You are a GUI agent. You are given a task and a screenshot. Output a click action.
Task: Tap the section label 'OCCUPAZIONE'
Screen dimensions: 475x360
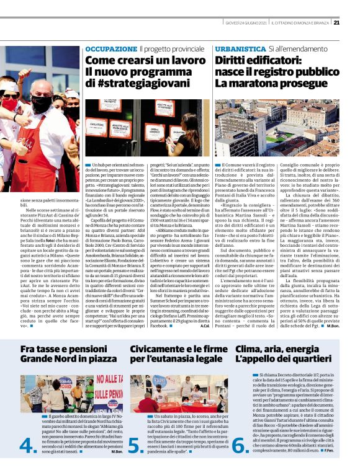[110, 48]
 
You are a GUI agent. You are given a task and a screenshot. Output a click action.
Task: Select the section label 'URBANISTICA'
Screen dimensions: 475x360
[240, 48]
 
